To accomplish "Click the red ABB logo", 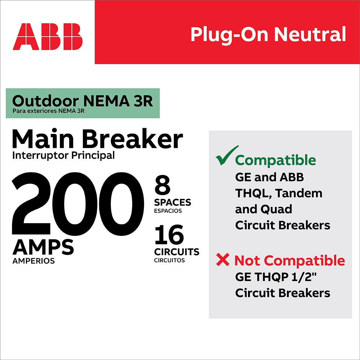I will coord(48,37).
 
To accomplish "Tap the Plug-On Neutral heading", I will coord(268,34).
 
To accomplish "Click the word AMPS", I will coord(43,247).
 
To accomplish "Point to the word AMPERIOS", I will coord(33,261).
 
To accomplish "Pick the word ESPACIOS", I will coord(168,211).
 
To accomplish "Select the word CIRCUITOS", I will coord(169,260).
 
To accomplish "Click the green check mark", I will coord(227,156).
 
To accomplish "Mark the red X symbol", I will coord(223,260).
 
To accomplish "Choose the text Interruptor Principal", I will coord(63,156).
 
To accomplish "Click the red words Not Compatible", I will coord(289,260).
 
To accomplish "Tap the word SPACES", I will coord(173,202).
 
